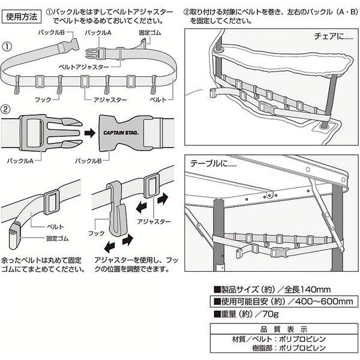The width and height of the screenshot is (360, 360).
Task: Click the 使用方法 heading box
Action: click(22, 17)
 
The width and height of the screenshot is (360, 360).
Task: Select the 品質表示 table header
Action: click(284, 328)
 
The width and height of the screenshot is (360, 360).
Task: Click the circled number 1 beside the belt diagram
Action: click(7, 47)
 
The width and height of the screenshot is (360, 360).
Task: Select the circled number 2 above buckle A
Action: click(7, 110)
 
